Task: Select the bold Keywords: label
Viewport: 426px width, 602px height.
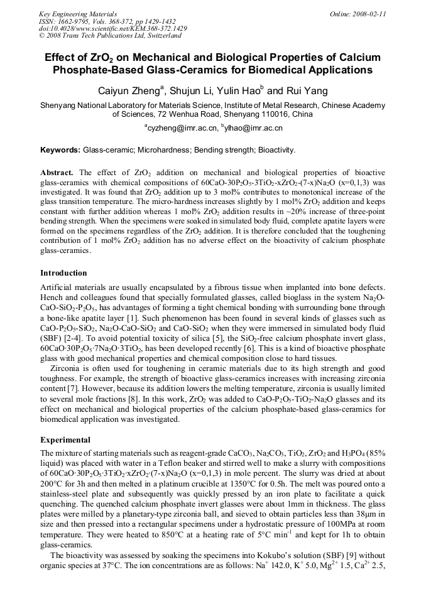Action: [x=60, y=151]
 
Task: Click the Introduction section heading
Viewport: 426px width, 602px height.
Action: [x=63, y=273]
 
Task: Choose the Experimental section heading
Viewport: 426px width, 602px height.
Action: [x=65, y=439]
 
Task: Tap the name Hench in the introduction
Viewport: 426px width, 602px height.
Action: [x=53, y=295]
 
